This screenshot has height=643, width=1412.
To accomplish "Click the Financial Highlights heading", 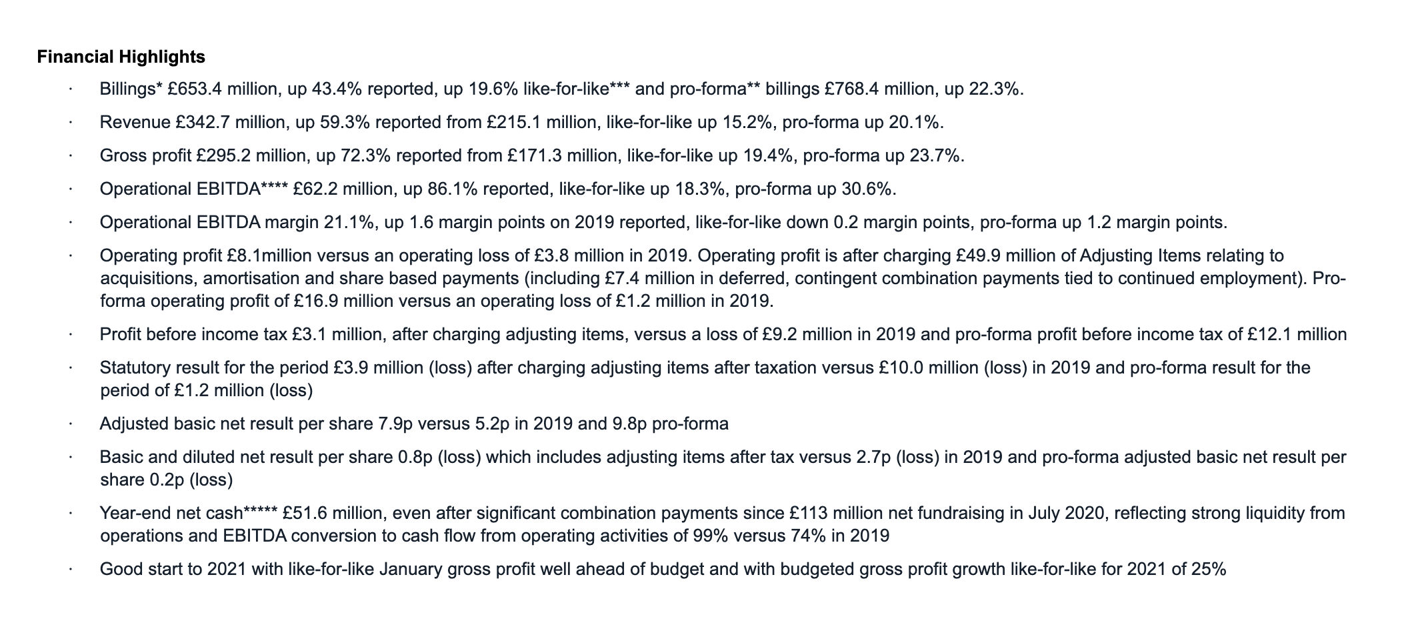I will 121,57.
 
